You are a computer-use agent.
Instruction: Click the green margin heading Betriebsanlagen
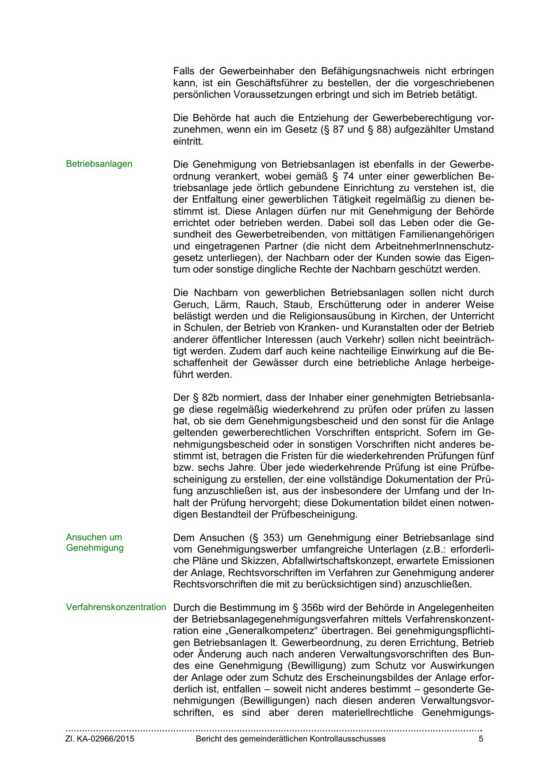pyautogui.click(x=99, y=164)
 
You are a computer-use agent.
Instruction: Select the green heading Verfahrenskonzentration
pyautogui.click(x=116, y=607)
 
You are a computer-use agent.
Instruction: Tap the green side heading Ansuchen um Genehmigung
pyautogui.click(x=94, y=543)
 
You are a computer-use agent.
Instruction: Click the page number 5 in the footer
pyautogui.click(x=481, y=739)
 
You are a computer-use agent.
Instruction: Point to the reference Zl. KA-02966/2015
pyautogui.click(x=100, y=739)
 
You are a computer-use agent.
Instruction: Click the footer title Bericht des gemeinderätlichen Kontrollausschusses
pyautogui.click(x=291, y=739)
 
